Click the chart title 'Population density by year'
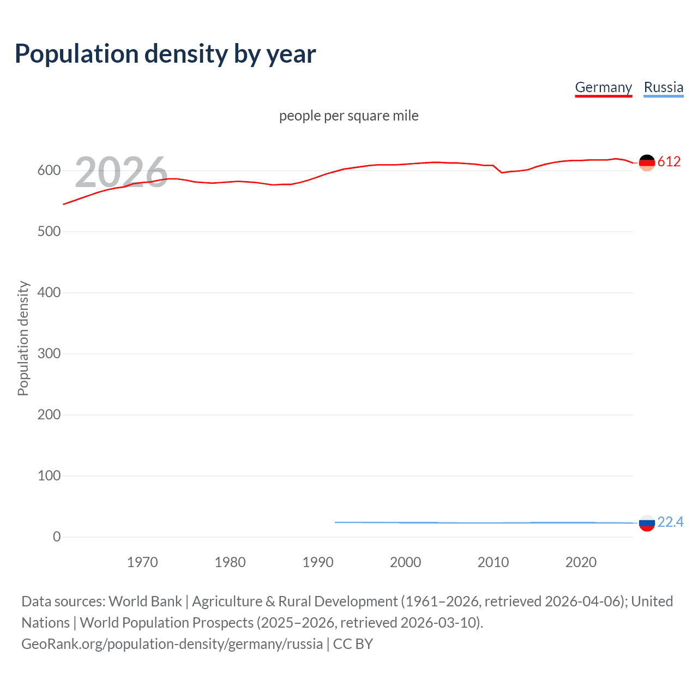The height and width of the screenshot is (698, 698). (x=165, y=54)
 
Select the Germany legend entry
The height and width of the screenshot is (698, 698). (x=603, y=87)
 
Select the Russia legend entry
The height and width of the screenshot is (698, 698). (x=663, y=87)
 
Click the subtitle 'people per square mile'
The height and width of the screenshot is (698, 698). (x=349, y=116)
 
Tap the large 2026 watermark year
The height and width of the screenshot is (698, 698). (x=121, y=172)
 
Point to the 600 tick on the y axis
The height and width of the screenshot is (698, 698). (x=49, y=171)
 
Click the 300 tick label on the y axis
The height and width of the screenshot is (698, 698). (x=49, y=354)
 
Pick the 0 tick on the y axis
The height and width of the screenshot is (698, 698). (x=57, y=537)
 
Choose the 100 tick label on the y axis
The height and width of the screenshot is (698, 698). (x=49, y=476)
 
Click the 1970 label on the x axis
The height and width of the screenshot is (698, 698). (x=142, y=562)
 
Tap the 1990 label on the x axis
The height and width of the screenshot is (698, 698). (x=318, y=562)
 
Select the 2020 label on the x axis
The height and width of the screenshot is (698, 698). (x=581, y=562)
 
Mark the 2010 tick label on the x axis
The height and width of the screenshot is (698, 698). (x=493, y=562)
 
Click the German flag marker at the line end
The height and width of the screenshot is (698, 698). (x=647, y=163)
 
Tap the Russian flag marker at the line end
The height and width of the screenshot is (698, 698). (x=647, y=523)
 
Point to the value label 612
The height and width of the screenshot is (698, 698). (x=669, y=162)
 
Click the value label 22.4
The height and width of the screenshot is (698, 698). (x=670, y=522)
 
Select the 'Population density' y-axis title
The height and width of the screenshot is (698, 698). (x=23, y=338)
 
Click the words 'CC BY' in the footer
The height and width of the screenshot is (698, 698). (x=353, y=644)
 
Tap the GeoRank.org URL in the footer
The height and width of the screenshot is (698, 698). (x=172, y=644)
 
